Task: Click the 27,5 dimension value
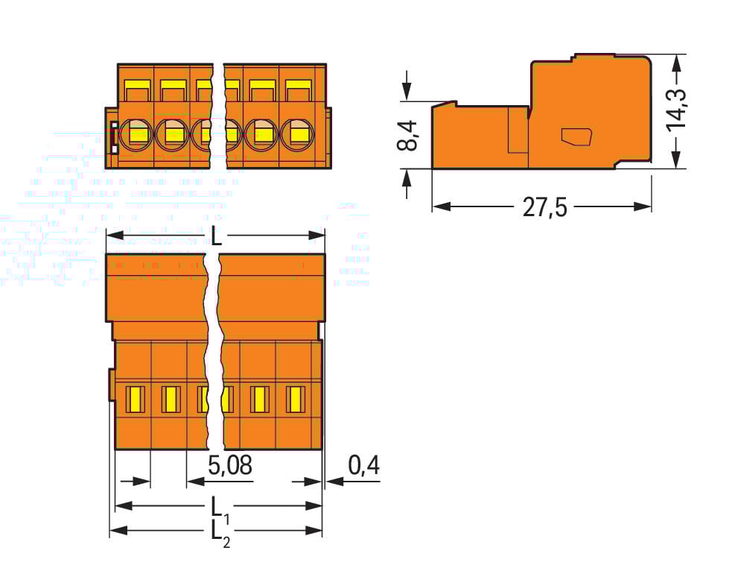[x=544, y=206]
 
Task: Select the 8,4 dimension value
[x=408, y=134]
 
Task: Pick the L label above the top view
[x=216, y=236]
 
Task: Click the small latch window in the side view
[x=576, y=136]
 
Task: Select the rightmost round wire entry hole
[x=299, y=134]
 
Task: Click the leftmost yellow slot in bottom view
[x=135, y=400]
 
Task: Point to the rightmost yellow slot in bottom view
[x=296, y=400]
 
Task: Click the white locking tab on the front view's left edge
[x=114, y=136]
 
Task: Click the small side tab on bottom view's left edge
[x=112, y=386]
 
